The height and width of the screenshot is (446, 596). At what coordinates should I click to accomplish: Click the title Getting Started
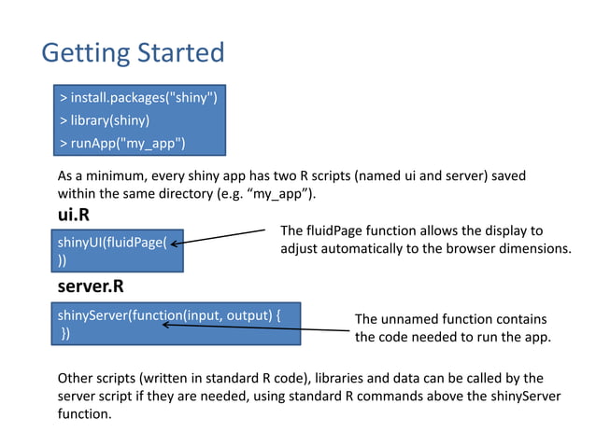(x=133, y=51)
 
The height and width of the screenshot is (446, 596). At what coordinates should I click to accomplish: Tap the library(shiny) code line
(x=105, y=119)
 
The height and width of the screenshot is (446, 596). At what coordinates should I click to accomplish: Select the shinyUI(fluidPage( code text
(x=112, y=244)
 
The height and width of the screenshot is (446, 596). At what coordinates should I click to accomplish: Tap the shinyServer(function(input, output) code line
(x=168, y=315)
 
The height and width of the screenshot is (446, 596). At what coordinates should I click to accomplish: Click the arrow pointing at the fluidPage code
(x=224, y=239)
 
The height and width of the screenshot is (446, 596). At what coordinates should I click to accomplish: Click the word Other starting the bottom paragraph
(x=76, y=378)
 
